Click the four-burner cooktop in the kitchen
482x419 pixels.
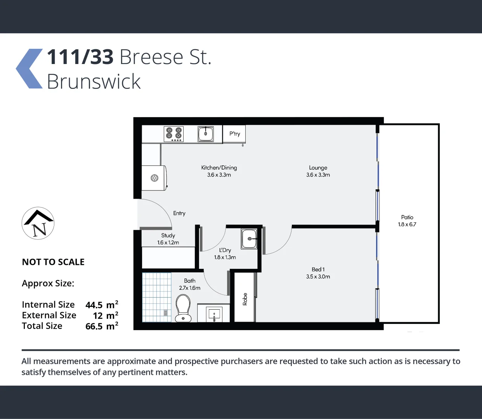point(174,134)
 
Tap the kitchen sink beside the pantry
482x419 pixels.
point(206,134)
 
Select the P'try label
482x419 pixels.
point(234,134)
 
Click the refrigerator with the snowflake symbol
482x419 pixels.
point(154,178)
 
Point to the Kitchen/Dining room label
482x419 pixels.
point(219,168)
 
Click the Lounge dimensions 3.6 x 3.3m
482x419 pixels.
point(318,175)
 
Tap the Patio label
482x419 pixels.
point(407,217)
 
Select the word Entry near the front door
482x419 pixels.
point(179,213)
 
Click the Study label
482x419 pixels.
point(168,235)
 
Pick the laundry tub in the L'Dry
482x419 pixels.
point(249,239)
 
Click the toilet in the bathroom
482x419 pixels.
point(183,308)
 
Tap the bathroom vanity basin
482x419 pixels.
point(214,313)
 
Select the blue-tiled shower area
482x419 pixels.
point(157,297)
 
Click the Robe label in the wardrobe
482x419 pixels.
point(245,299)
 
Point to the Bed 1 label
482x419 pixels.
point(318,269)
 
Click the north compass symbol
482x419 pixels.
point(38,223)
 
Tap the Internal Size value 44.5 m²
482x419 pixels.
point(102,305)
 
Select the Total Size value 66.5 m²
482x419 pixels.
point(102,326)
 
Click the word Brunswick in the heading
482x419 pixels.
point(94,81)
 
